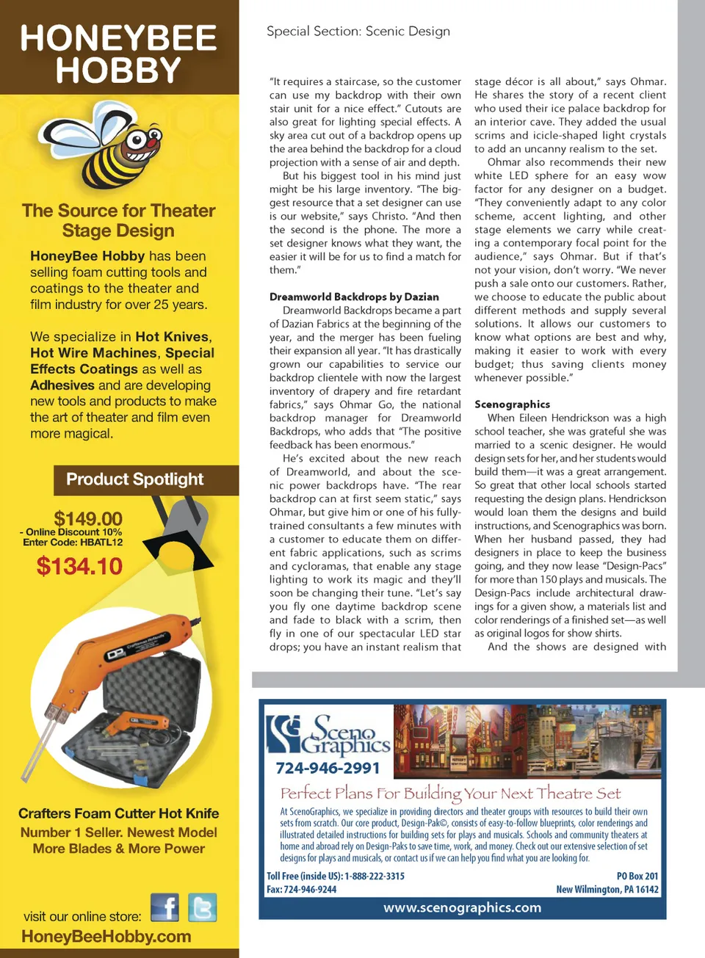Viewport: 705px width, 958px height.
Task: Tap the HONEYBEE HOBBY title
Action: click(x=118, y=54)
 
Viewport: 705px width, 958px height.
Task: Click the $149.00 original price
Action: click(x=88, y=518)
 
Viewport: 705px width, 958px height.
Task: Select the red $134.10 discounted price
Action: click(x=79, y=566)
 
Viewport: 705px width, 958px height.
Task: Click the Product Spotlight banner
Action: click(x=135, y=479)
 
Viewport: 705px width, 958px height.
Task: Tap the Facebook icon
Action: click(x=165, y=907)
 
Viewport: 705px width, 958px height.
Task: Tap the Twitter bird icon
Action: click(x=202, y=907)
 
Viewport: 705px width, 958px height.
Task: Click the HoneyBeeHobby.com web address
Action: click(x=106, y=937)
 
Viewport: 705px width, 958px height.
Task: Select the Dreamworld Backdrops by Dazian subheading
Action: click(x=354, y=297)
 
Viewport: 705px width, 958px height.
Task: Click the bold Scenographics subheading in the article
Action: click(x=512, y=404)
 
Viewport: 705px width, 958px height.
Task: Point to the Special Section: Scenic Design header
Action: click(x=358, y=32)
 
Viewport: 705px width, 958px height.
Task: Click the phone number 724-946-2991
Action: click(x=328, y=768)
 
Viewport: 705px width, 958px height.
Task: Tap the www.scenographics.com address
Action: click(x=462, y=907)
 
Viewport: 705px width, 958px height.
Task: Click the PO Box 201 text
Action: click(x=637, y=876)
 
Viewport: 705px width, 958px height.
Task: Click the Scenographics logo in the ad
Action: click(x=328, y=735)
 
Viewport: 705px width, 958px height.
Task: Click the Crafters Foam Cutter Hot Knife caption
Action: click(x=119, y=813)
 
